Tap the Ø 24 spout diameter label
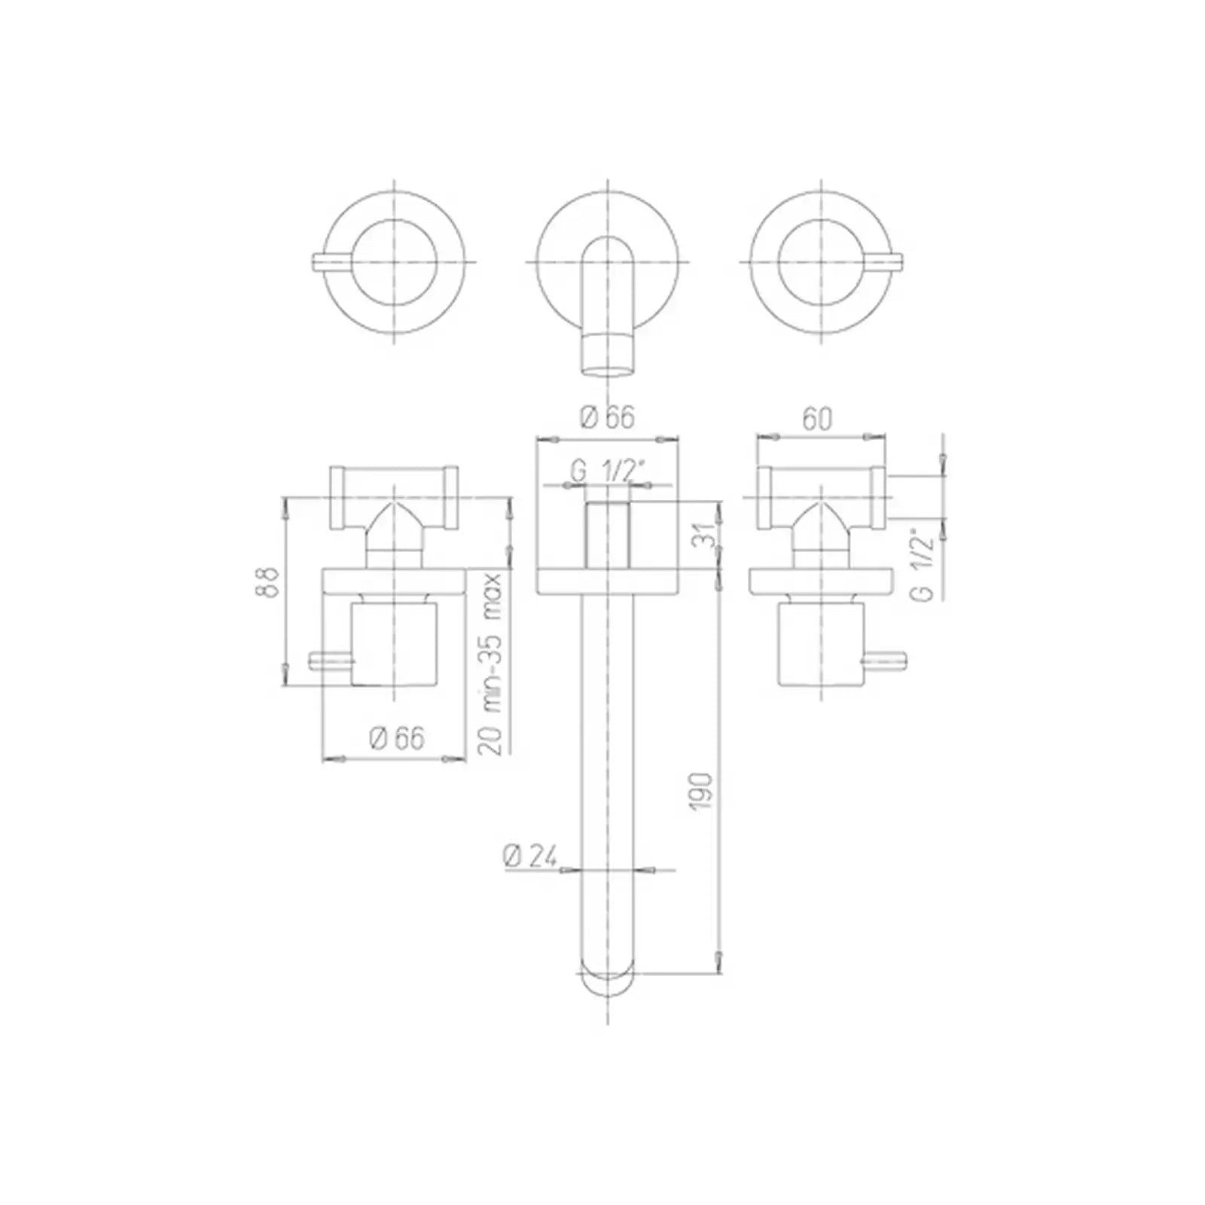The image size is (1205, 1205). click(x=530, y=856)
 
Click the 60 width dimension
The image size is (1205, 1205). click(x=817, y=419)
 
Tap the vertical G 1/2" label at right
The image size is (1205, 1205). click(x=925, y=567)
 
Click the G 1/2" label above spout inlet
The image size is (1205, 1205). click(x=607, y=471)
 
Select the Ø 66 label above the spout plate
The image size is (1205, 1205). click(x=608, y=416)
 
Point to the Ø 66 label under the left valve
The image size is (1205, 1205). click(x=397, y=738)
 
